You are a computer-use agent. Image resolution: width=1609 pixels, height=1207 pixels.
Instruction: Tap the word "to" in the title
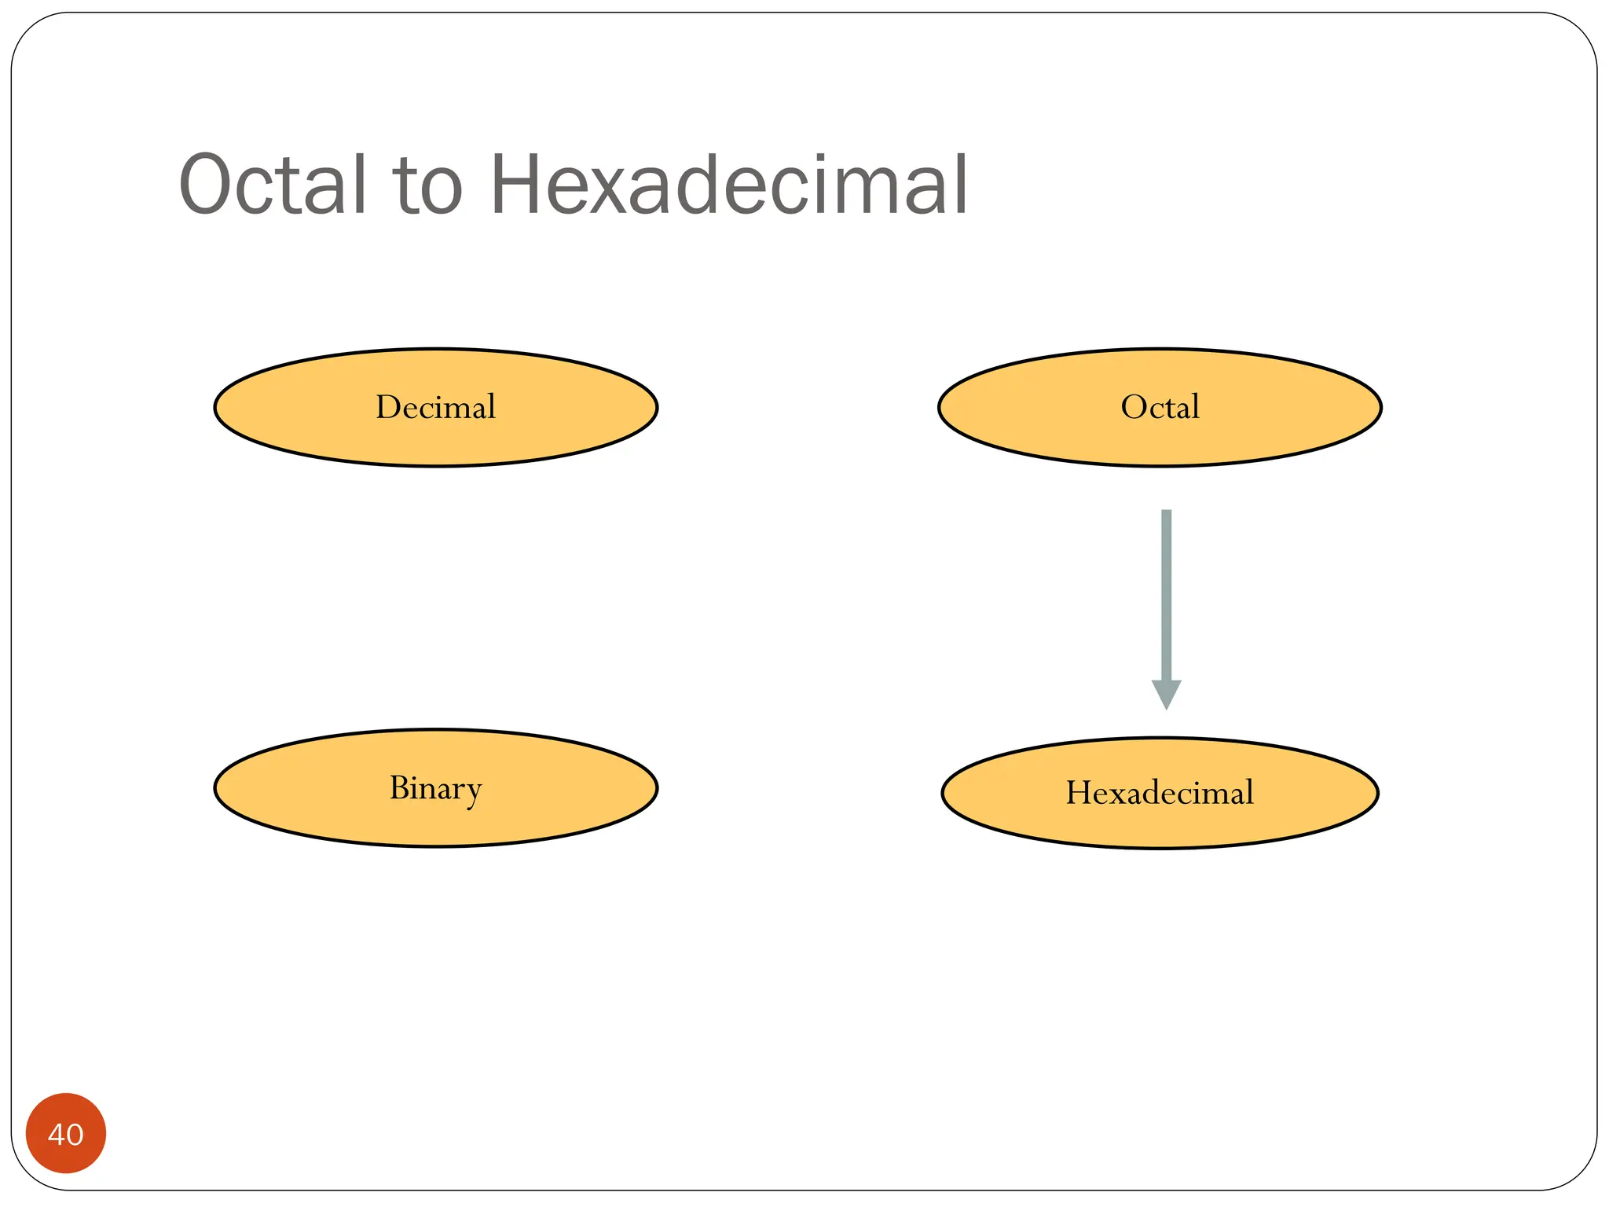click(x=428, y=186)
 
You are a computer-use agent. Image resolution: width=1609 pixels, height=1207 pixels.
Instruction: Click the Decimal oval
click(x=436, y=440)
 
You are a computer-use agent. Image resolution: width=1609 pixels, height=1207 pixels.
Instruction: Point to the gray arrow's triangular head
click(x=1166, y=693)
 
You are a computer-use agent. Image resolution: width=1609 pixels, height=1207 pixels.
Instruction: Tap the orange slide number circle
click(x=66, y=1133)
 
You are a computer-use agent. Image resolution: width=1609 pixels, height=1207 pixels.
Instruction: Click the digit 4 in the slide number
click(x=56, y=1135)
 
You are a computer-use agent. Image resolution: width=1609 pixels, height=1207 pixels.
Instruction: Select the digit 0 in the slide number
click(x=75, y=1135)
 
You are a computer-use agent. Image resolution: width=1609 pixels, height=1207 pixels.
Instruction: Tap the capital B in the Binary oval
click(x=400, y=787)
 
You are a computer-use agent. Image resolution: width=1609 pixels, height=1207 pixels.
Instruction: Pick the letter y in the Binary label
click(x=472, y=792)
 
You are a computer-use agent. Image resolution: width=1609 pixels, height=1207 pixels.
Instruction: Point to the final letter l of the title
click(x=960, y=185)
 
